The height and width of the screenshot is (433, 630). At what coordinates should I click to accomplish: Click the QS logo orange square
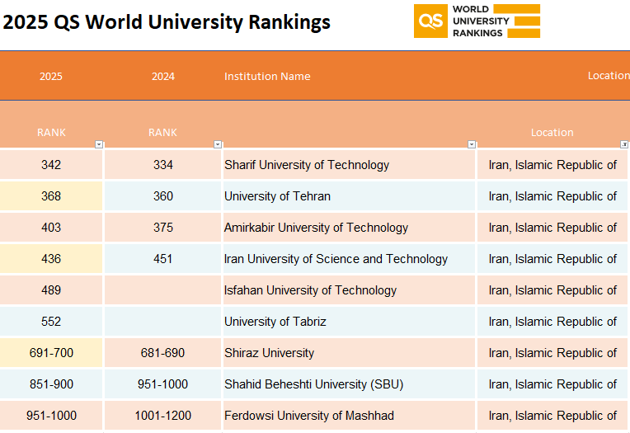pyautogui.click(x=430, y=21)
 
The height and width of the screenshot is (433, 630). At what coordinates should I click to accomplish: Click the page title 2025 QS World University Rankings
pyautogui.click(x=167, y=21)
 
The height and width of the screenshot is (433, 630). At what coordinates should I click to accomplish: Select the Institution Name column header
pyautogui.click(x=267, y=76)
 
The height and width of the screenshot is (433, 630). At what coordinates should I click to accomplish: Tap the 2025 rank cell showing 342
pyautogui.click(x=51, y=164)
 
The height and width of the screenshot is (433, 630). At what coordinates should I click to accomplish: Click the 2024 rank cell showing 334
pyautogui.click(x=162, y=164)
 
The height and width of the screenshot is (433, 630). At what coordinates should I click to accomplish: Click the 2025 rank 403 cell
pyautogui.click(x=51, y=227)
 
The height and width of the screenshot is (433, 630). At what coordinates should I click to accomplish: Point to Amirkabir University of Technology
pyautogui.click(x=316, y=227)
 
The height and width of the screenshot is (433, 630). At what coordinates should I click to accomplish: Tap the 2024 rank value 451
pyautogui.click(x=162, y=258)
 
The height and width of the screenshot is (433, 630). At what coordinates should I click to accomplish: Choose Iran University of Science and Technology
pyautogui.click(x=336, y=258)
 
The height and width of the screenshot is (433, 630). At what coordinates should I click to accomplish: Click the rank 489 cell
pyautogui.click(x=51, y=289)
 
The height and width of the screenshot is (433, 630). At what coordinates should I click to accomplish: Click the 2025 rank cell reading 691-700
pyautogui.click(x=51, y=353)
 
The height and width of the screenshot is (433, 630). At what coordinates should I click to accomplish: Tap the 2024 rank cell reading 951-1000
pyautogui.click(x=162, y=384)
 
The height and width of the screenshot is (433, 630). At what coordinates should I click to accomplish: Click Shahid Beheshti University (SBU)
pyautogui.click(x=313, y=384)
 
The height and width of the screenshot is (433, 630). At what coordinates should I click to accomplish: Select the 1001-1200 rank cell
pyautogui.click(x=162, y=416)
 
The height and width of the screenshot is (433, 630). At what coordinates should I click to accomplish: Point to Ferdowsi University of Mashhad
pyautogui.click(x=309, y=416)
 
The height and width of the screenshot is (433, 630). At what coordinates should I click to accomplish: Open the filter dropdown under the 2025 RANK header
pyautogui.click(x=99, y=144)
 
